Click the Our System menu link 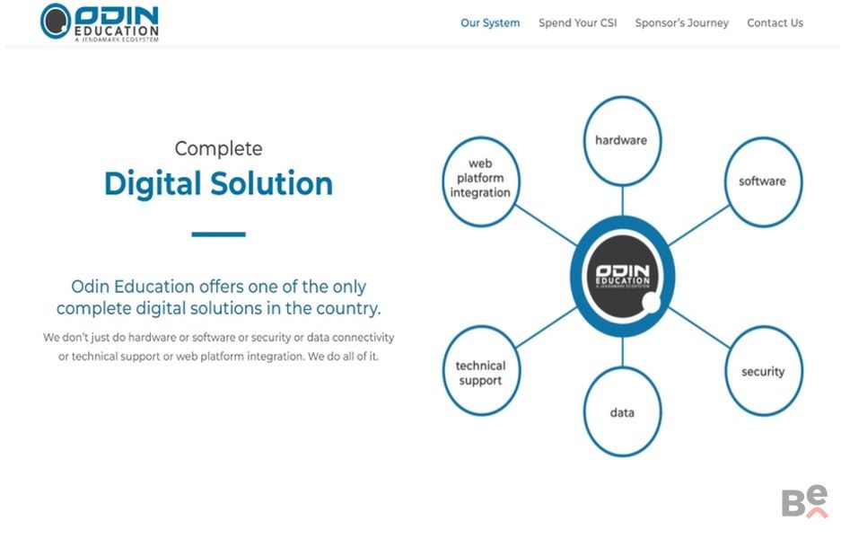(490, 23)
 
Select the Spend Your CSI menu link (578, 23)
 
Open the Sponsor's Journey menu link (682, 23)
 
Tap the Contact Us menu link (775, 23)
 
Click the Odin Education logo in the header (100, 22)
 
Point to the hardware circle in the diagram (622, 141)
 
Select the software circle (763, 181)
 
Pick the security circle (763, 371)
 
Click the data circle (622, 412)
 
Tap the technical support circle (481, 371)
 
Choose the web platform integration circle (481, 181)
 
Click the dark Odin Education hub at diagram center (622, 277)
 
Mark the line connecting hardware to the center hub (622, 201)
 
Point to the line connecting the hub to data (622, 352)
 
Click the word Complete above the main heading (218, 149)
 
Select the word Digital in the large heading (153, 184)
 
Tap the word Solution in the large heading (271, 183)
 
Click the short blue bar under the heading (218, 234)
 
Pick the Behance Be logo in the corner (804, 501)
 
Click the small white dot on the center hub (651, 302)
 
